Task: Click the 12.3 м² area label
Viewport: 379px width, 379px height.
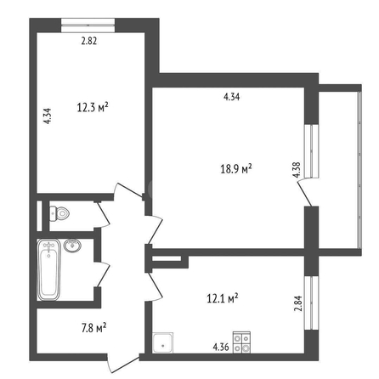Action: tap(93, 107)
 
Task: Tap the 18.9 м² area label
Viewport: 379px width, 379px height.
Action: tap(236, 169)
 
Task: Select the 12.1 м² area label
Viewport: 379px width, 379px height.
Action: tap(223, 298)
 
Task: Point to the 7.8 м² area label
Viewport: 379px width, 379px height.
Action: tap(94, 328)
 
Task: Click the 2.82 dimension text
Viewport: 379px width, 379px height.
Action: tap(89, 41)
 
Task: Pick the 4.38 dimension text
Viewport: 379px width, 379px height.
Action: tap(297, 170)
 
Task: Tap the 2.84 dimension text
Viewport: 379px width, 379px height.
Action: tap(298, 303)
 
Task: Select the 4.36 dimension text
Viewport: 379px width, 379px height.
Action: tap(221, 347)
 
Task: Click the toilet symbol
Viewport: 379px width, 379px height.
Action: tap(59, 214)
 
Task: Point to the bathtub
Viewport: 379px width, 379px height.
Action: tap(48, 269)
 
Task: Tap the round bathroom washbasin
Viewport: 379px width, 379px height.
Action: tap(72, 246)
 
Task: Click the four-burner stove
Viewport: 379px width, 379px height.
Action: tap(241, 342)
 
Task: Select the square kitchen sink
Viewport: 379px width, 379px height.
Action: tap(163, 342)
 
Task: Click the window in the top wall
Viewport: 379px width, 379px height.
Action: tap(88, 25)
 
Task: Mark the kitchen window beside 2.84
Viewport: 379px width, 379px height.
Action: tap(311, 303)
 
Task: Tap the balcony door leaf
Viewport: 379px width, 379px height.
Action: tap(305, 194)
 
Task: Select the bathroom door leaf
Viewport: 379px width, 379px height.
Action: tap(103, 274)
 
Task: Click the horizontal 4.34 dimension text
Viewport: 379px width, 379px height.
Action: tap(232, 97)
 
